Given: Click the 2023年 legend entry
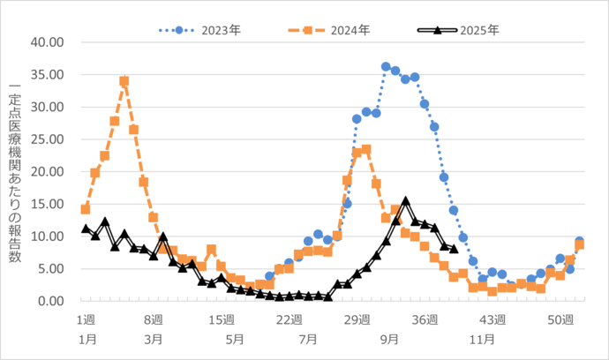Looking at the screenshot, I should pos(199,30).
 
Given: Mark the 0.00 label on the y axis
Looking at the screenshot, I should pos(50,301).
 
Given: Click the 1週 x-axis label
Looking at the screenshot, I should pos(86,319).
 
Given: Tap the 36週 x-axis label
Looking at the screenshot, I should pos(425,319).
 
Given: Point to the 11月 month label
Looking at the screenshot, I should pos(481,338).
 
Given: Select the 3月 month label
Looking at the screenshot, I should pos(153,338).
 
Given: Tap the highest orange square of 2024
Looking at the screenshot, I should pos(124,81).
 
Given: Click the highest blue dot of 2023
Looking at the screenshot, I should pos(386,66).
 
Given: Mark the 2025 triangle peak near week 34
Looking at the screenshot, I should pos(405,201).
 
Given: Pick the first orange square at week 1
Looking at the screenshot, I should pos(86,209).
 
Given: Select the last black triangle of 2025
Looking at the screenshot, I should pos(454,249).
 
